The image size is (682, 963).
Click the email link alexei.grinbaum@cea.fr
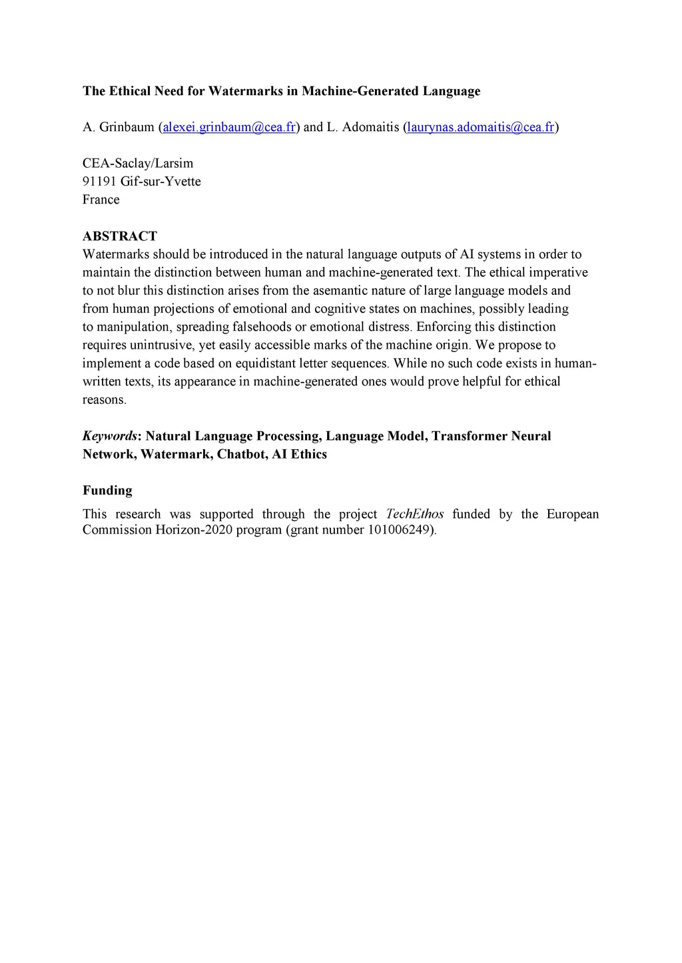click(229, 127)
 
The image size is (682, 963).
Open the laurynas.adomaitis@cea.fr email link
click(480, 127)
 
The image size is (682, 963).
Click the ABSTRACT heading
click(120, 236)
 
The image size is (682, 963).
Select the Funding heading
click(107, 490)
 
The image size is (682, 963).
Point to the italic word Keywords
click(109, 436)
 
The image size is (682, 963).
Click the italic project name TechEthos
click(414, 514)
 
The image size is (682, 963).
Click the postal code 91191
click(99, 182)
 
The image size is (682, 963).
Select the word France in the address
click(101, 200)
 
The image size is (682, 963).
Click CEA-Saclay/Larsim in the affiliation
click(138, 164)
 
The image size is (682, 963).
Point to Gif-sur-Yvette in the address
click(161, 182)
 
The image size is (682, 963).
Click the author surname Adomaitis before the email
click(370, 127)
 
